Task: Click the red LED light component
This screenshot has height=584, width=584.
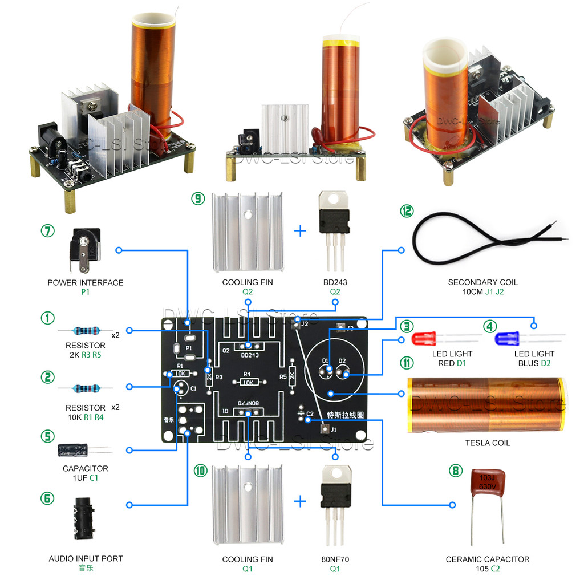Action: [x=423, y=339]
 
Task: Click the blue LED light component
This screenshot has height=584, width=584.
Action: [x=507, y=339]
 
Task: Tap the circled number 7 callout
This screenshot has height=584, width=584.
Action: [x=48, y=232]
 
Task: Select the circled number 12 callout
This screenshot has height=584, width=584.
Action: [x=406, y=210]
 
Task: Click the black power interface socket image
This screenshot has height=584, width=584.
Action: [x=83, y=250]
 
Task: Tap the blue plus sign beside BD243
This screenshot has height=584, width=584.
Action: [x=300, y=231]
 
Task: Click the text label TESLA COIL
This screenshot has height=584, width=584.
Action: [x=487, y=443]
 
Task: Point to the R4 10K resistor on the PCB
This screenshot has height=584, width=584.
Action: [x=248, y=382]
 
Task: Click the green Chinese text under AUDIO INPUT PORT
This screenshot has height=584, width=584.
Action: [x=86, y=568]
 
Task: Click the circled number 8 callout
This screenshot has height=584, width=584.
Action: [x=454, y=471]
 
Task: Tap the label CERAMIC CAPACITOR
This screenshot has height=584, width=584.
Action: [x=487, y=559]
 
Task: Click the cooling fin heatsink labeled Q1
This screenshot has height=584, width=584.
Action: [x=248, y=502]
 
